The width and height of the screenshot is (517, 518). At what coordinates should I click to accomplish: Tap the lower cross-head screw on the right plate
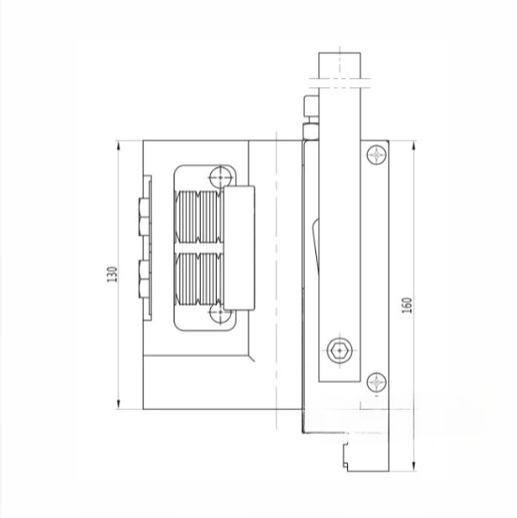(377, 381)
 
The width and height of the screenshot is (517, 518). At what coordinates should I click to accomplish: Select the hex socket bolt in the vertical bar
(339, 351)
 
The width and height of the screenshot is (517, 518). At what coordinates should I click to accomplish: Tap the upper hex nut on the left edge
(142, 215)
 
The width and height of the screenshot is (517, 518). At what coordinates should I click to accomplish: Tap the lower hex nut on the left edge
(142, 278)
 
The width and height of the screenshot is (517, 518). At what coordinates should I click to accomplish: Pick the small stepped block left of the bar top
(309, 108)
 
